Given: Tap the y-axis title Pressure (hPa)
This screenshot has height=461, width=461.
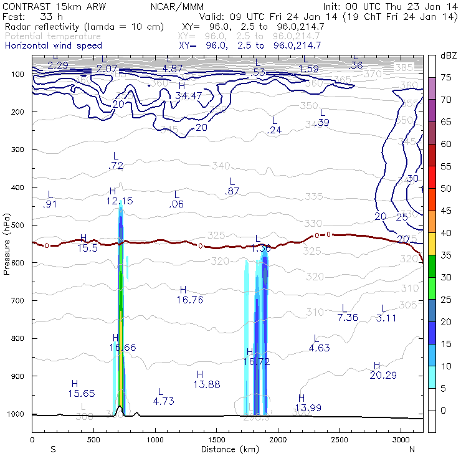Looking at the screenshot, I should click(7, 244).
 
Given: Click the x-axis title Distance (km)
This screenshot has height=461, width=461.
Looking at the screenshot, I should click(227, 449).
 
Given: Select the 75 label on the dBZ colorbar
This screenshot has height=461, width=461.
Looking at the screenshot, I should click(447, 77).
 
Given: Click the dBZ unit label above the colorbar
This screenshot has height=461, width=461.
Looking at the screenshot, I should click(449, 55).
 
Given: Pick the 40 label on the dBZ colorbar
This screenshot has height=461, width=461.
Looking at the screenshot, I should click(447, 232).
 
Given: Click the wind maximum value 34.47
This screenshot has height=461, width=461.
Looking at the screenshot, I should click(188, 95).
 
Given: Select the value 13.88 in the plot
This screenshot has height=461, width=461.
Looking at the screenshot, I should click(207, 384).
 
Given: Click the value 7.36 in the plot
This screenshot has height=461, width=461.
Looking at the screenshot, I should click(348, 318).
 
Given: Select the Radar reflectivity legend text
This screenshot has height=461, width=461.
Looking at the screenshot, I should click(84, 27).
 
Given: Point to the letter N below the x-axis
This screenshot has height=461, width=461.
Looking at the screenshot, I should click(412, 449).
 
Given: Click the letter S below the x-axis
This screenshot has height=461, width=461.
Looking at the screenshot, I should click(52, 449).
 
